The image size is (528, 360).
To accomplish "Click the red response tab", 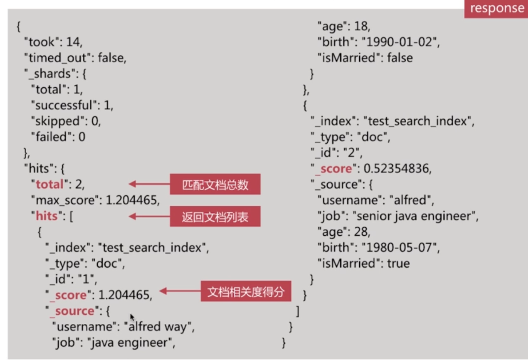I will pos(496,8).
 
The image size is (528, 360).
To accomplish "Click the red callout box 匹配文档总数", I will pos(215,185).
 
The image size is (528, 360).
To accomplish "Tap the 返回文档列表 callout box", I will pos(215,216).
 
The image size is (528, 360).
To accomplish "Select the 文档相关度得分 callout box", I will pos(246,291).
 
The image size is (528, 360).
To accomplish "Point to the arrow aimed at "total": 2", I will pos(149,184).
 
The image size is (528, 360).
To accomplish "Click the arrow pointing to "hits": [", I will pos(149,216).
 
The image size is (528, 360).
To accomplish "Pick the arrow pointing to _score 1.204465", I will pos(179,291).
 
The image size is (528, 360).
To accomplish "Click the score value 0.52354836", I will pos(397,169).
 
